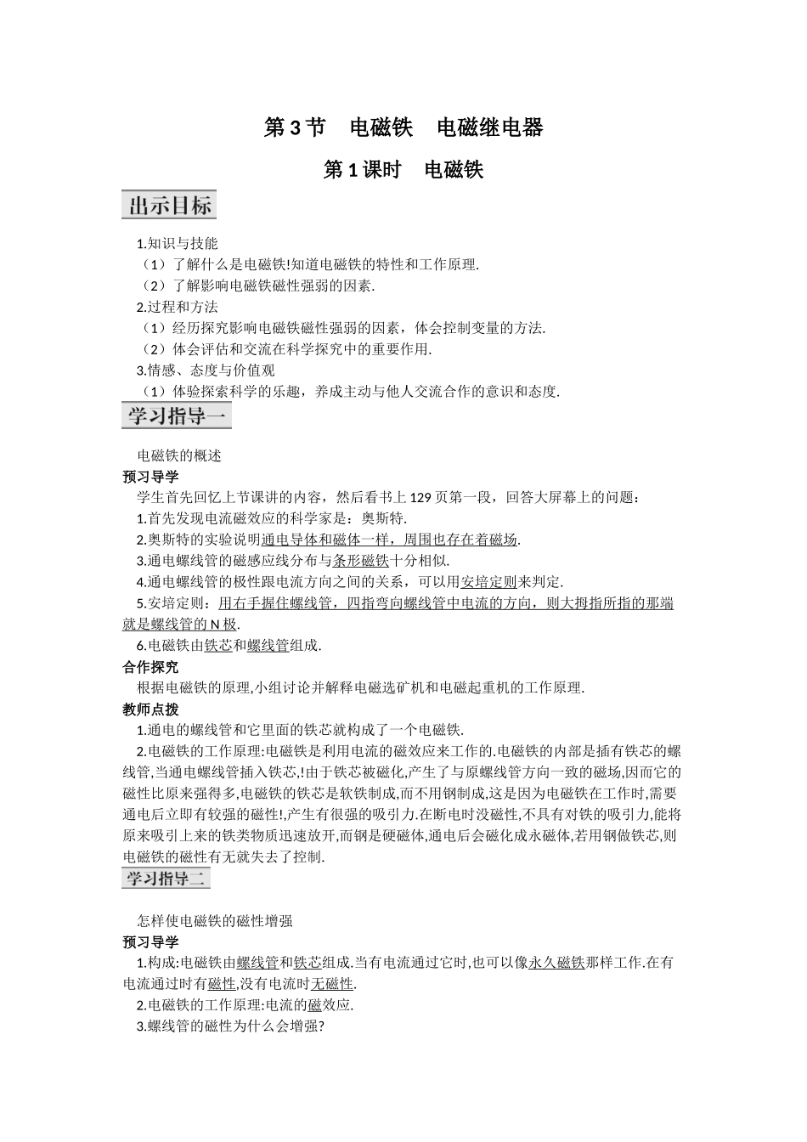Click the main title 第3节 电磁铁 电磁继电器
403,127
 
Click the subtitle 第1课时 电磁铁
403,170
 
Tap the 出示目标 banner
169,205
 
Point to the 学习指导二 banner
166,878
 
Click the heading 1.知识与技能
177,243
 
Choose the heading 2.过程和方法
177,307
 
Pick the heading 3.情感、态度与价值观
206,370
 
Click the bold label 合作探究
150,667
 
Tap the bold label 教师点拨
150,709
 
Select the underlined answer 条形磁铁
360,561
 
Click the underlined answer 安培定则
488,582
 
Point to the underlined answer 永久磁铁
556,963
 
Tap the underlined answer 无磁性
332,984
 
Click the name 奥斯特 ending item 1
384,518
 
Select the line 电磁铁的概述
179,455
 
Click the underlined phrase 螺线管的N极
194,625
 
